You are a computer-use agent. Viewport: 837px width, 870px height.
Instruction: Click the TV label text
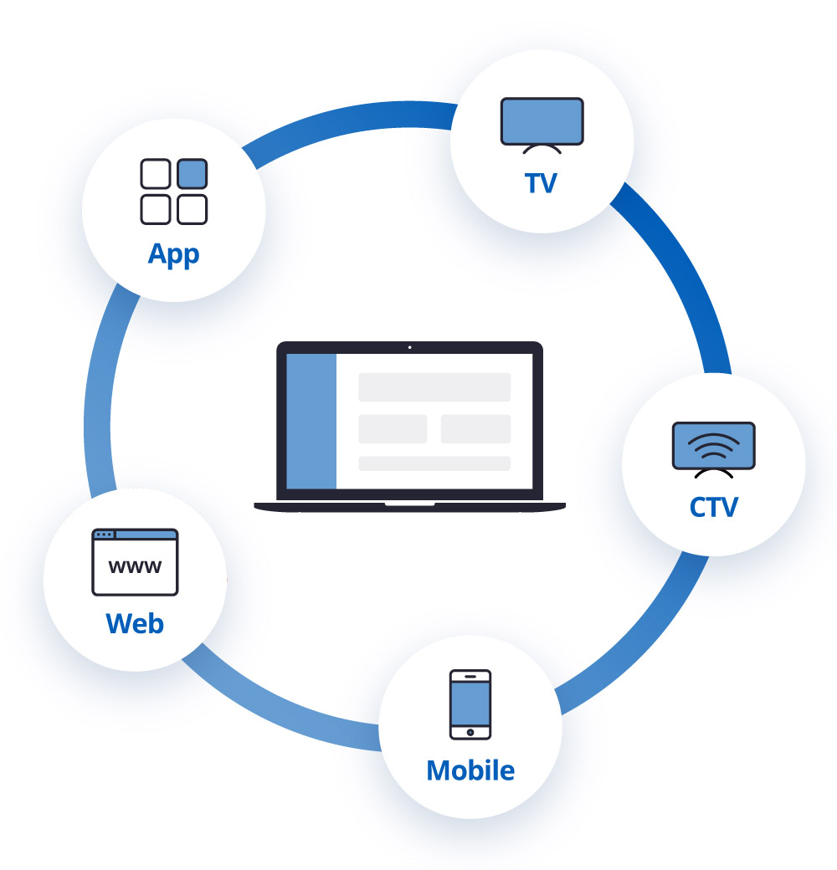(541, 183)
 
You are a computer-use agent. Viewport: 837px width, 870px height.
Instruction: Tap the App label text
(173, 253)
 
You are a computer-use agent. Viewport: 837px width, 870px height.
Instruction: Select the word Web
(135, 623)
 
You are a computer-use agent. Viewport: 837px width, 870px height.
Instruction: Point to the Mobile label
(470, 770)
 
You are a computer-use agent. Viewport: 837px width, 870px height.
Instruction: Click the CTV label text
(713, 507)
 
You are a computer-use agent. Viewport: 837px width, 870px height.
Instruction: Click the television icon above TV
(542, 124)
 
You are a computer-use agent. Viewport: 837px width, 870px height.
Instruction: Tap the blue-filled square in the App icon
(193, 174)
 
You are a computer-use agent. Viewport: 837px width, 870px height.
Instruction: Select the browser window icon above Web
(135, 561)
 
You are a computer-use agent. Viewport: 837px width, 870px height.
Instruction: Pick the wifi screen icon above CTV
(714, 448)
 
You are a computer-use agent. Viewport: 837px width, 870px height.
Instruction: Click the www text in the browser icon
(135, 568)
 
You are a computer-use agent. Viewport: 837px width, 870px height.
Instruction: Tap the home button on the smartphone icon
(470, 732)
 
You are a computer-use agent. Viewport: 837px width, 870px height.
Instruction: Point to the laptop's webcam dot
(409, 347)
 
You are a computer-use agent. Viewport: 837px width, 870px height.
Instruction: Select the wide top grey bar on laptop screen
(434, 387)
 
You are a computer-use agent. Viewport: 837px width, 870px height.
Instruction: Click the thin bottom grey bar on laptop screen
(434, 463)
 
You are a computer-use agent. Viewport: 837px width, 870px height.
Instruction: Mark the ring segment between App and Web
(99, 393)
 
